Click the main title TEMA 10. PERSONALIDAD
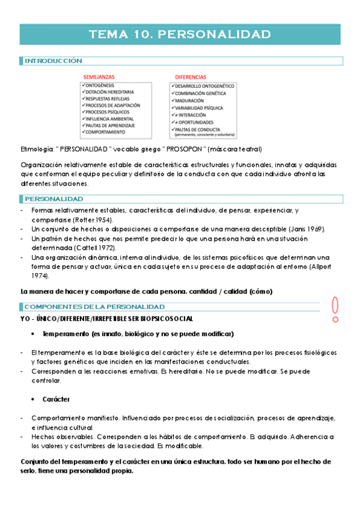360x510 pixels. click(180, 34)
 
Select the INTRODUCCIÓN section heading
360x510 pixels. click(53, 61)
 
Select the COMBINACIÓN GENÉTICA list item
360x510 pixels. click(201, 94)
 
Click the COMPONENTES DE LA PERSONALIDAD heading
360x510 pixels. click(94, 307)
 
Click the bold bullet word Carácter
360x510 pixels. click(56, 399)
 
